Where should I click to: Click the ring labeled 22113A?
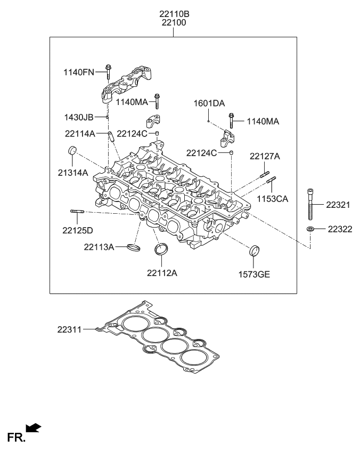(134, 247)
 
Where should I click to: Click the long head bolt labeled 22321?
(310, 205)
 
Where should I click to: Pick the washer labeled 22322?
(310, 229)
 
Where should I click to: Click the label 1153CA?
(274, 199)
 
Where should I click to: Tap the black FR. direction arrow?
(33, 427)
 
